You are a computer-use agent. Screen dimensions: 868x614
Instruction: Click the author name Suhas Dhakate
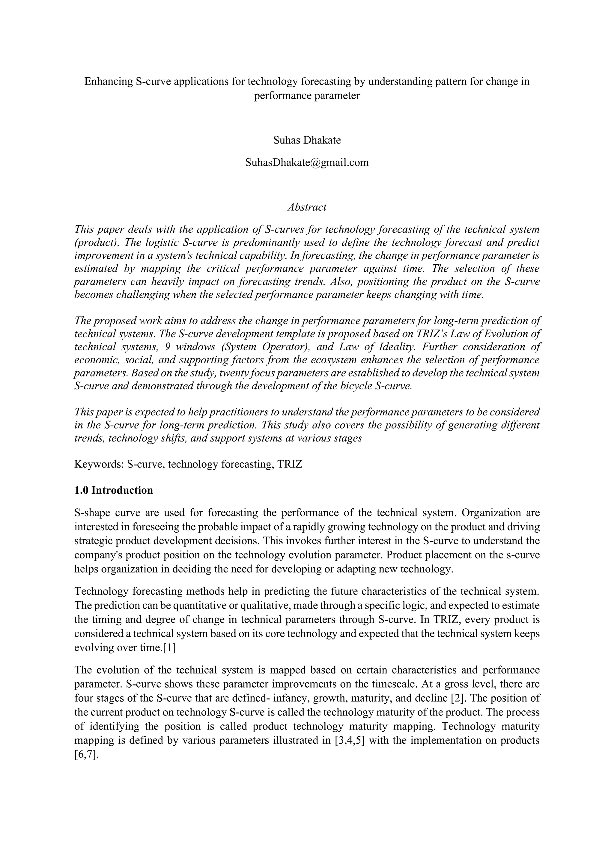pyautogui.click(x=307, y=140)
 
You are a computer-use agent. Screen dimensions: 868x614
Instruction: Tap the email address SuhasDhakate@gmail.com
pyautogui.click(x=307, y=162)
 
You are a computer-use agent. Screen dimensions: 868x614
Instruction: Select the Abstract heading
pyautogui.click(x=307, y=207)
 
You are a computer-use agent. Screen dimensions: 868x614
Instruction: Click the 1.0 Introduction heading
pyautogui.click(x=113, y=490)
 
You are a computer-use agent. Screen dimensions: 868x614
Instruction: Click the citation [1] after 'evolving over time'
pyautogui.click(x=169, y=648)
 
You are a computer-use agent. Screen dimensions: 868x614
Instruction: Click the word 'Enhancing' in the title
pyautogui.click(x=107, y=81)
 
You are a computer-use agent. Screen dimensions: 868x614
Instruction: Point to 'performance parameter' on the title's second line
pyautogui.click(x=307, y=96)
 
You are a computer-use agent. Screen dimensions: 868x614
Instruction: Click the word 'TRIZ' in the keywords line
pyautogui.click(x=290, y=464)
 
